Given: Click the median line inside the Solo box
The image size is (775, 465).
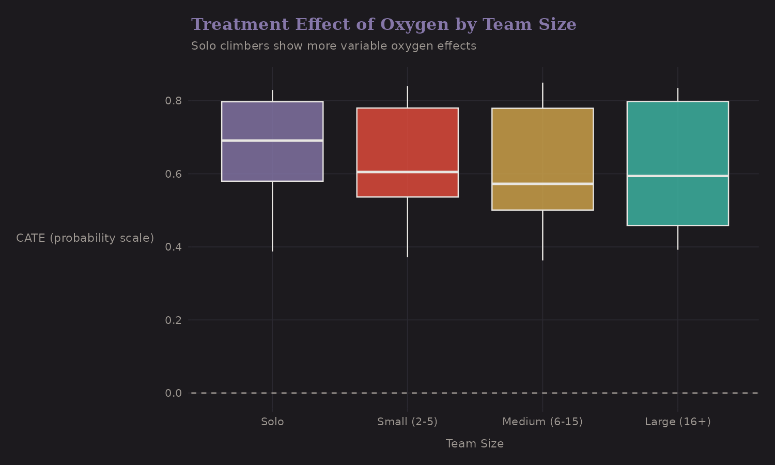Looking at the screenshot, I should click(272, 141).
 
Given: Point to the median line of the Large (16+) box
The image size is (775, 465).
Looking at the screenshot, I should click(677, 176).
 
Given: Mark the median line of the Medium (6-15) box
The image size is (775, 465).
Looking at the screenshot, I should click(542, 184).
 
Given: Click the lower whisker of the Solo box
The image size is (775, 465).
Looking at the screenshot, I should click(272, 217).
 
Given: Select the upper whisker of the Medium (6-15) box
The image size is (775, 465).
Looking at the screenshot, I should click(542, 95).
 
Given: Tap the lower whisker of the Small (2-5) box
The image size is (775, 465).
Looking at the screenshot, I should click(407, 227).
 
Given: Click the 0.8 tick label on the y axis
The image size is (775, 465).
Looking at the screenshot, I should click(174, 101).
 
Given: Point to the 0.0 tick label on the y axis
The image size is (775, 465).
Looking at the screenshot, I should click(174, 393).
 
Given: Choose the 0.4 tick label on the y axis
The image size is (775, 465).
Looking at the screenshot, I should click(174, 247).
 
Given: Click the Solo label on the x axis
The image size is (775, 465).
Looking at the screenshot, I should click(272, 422).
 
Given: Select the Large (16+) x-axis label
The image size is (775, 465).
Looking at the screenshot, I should click(677, 422).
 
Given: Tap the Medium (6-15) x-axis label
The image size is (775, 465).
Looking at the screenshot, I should click(542, 422).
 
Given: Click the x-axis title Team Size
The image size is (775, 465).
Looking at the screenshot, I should click(474, 444).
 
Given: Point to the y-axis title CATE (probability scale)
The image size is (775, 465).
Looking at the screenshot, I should click(85, 238).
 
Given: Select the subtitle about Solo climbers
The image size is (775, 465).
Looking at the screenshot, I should click(334, 46).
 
